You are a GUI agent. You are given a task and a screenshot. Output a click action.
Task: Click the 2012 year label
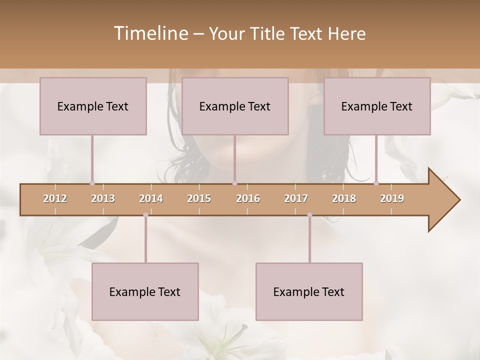coord(55,198)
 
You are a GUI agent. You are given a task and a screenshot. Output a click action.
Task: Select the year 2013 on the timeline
coord(103,198)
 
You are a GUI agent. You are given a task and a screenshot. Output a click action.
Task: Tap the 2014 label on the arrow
coord(151,198)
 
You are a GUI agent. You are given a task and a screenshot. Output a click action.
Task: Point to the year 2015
coord(199,198)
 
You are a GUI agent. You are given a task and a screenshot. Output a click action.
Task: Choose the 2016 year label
coord(248,198)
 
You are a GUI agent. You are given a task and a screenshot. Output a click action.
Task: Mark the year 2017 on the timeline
coord(296,198)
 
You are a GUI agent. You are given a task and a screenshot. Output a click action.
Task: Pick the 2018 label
coord(344,198)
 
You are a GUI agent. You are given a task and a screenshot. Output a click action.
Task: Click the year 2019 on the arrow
coord(392,198)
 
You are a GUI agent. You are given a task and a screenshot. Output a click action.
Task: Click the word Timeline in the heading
coord(149,33)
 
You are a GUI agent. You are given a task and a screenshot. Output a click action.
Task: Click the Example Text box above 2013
coord(93,106)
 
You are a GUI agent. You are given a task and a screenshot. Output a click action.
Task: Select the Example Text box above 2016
coord(235,106)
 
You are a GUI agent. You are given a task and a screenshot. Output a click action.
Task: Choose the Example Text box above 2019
coord(377,106)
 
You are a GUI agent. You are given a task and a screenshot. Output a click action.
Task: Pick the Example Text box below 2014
coord(145,291)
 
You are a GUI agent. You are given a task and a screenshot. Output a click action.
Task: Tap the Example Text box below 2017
coord(309,291)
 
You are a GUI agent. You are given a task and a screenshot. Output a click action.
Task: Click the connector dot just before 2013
coord(92,183)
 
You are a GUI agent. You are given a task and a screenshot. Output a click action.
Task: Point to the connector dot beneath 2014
coord(145,215)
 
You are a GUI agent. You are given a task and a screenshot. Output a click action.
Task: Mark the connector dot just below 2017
coord(309,215)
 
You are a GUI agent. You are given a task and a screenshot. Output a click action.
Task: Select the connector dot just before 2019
coord(376,183)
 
